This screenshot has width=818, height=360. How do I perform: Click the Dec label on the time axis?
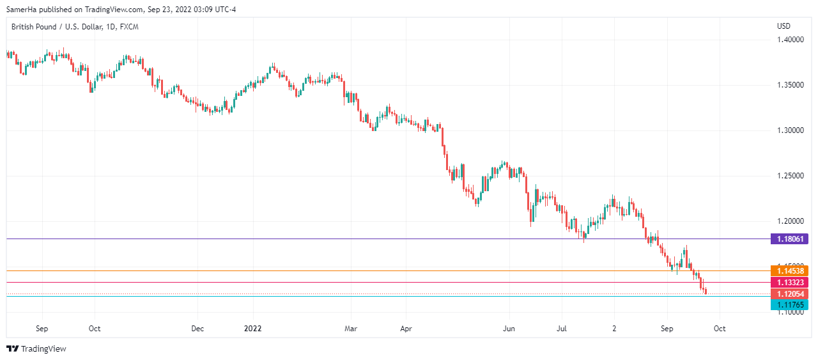(197, 329)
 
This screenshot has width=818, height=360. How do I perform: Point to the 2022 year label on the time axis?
(253, 329)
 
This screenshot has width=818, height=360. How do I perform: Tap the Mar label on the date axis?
(350, 329)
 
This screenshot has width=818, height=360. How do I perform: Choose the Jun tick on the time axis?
(509, 329)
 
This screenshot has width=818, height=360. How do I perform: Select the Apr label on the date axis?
(406, 329)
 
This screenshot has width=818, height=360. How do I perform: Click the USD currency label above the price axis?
(783, 26)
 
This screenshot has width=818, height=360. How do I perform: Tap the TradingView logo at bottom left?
(36, 348)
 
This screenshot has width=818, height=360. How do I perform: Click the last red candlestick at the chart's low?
(706, 292)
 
